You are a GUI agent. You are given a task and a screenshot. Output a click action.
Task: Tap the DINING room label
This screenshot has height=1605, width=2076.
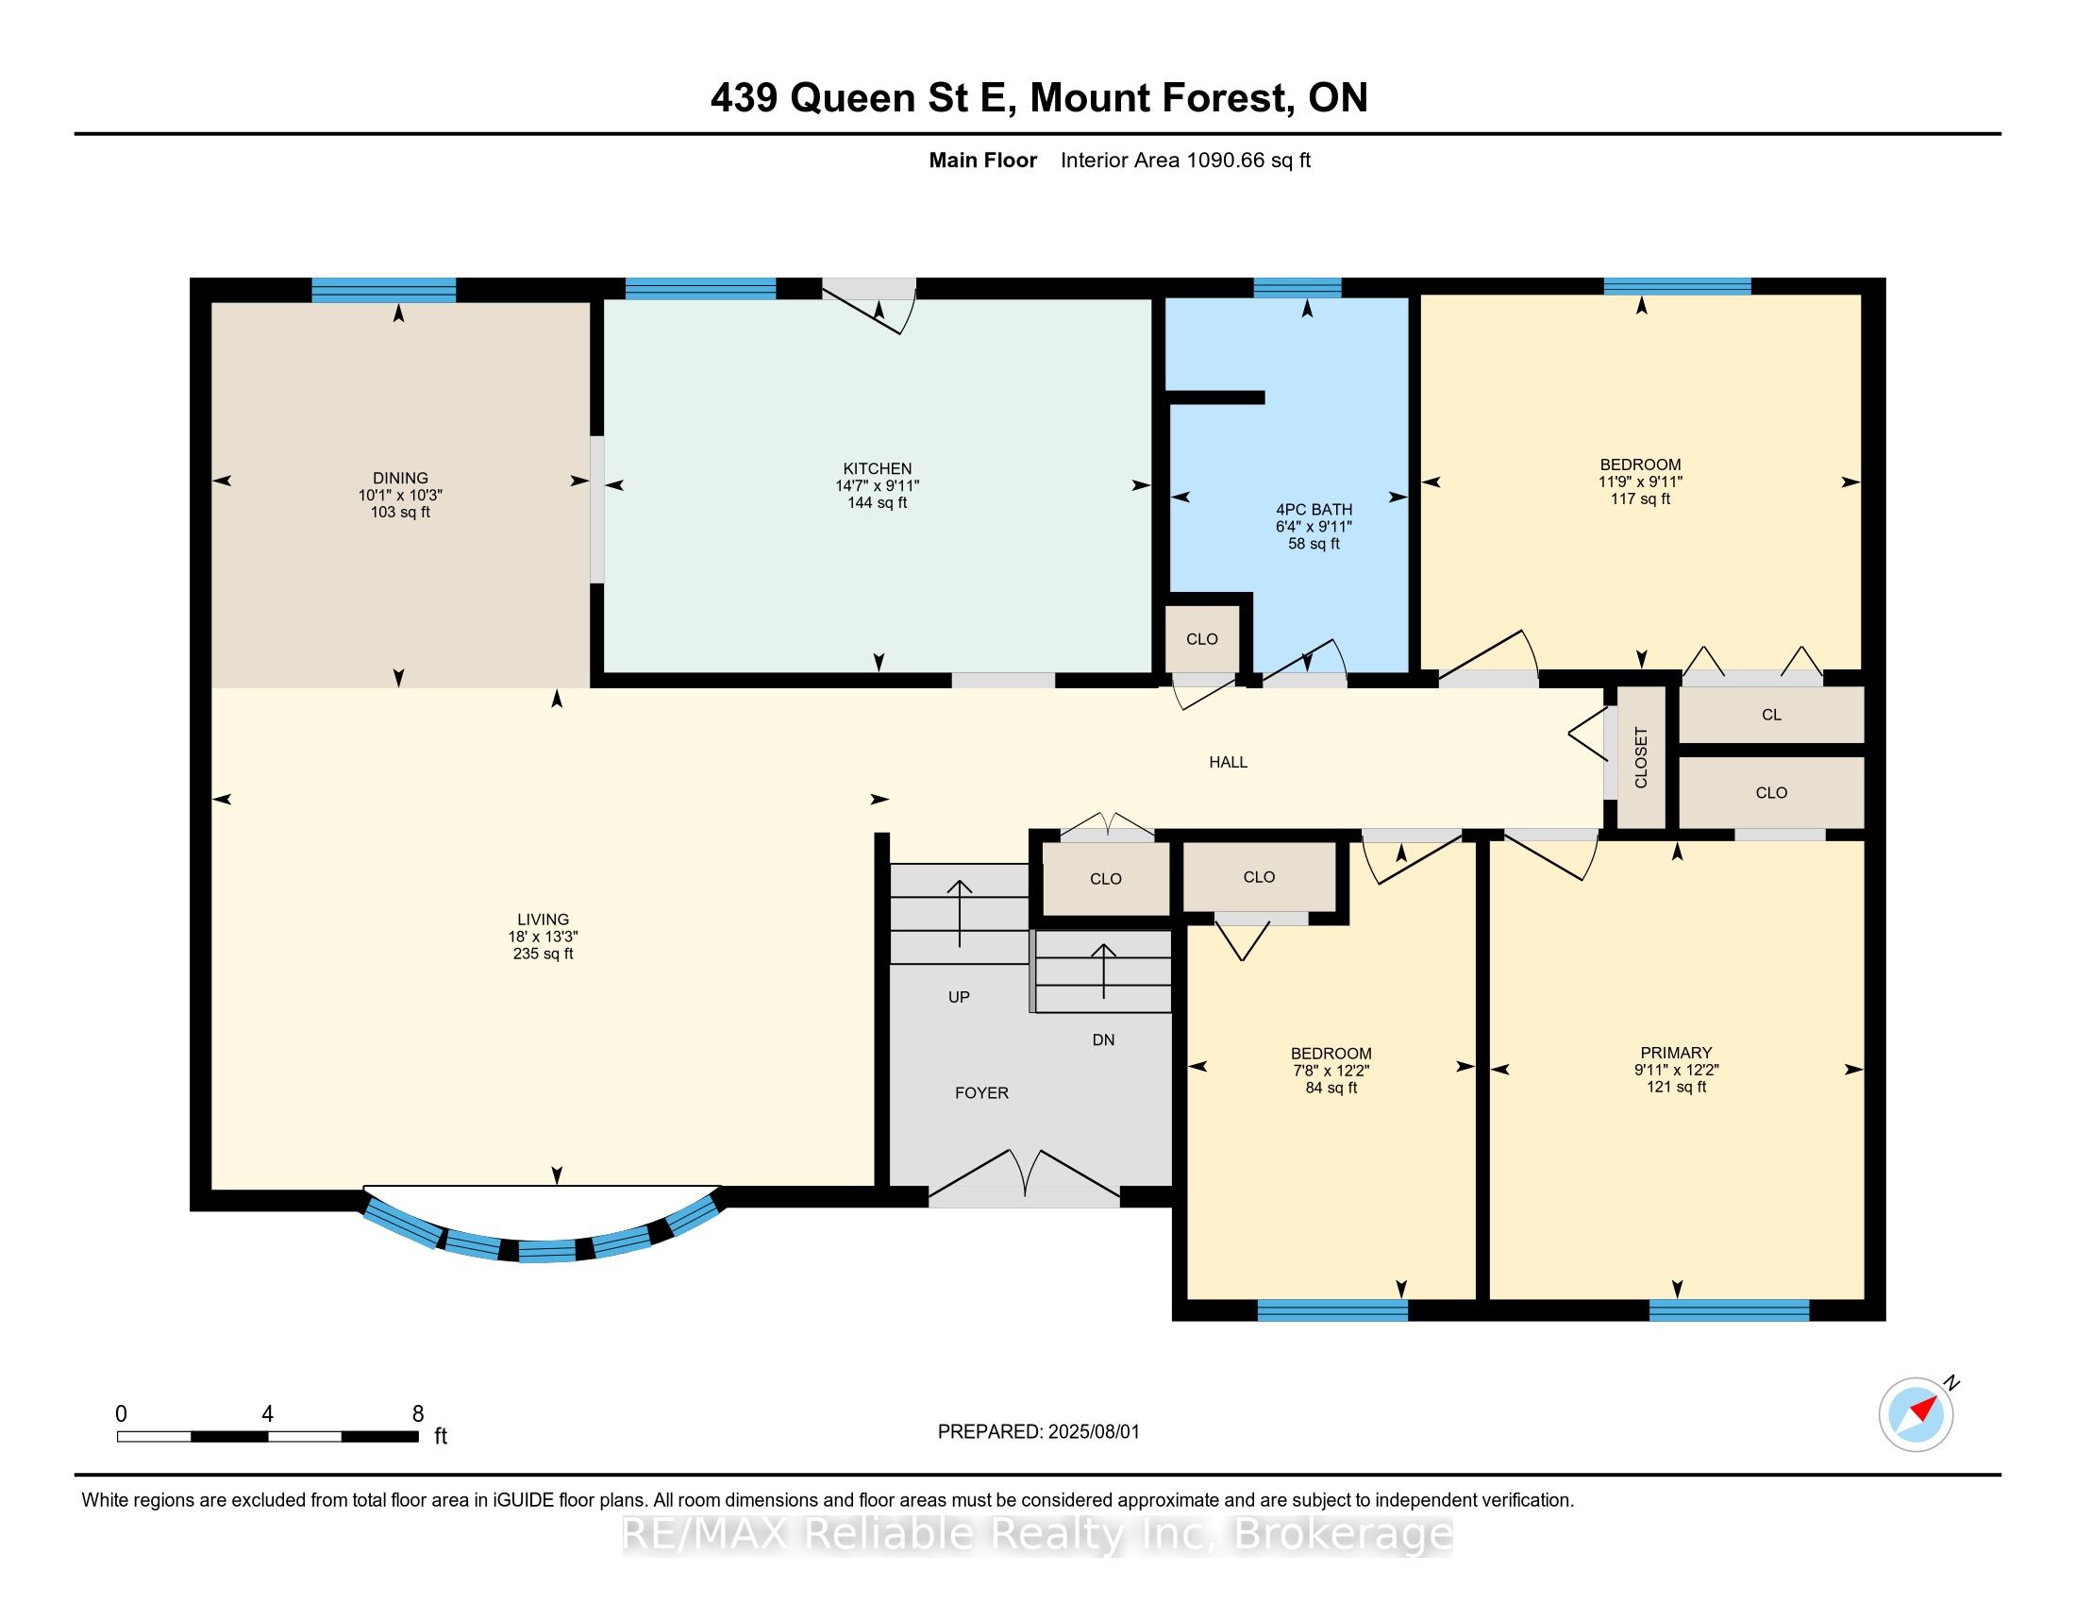pyautogui.click(x=400, y=479)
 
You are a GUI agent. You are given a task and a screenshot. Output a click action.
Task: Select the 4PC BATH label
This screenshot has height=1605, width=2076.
pyautogui.click(x=1314, y=510)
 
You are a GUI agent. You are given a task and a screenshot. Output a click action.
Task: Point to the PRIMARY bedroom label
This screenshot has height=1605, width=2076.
pyautogui.click(x=1676, y=1053)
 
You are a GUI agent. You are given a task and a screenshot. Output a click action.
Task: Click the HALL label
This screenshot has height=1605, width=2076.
pyautogui.click(x=1228, y=762)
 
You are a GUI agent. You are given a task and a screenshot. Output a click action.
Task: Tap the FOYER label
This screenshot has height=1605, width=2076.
pyautogui.click(x=982, y=1093)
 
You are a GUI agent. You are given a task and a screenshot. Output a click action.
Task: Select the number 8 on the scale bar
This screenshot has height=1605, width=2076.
pyautogui.click(x=418, y=1414)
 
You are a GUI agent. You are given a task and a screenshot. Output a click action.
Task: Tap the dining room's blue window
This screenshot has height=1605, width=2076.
pyautogui.click(x=384, y=290)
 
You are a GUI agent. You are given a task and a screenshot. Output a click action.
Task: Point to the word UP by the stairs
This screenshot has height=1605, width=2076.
pyautogui.click(x=959, y=997)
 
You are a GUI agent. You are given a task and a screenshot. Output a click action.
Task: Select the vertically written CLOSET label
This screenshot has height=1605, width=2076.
pyautogui.click(x=1641, y=758)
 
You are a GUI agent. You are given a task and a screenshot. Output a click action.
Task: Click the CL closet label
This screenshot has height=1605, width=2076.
pyautogui.click(x=1772, y=715)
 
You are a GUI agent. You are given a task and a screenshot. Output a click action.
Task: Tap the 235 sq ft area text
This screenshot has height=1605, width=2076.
pyautogui.click(x=543, y=954)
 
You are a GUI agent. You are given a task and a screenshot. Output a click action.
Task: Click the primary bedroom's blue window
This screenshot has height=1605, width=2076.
pyautogui.click(x=1729, y=1310)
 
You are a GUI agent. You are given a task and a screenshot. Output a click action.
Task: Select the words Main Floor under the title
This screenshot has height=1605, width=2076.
pyautogui.click(x=983, y=160)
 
